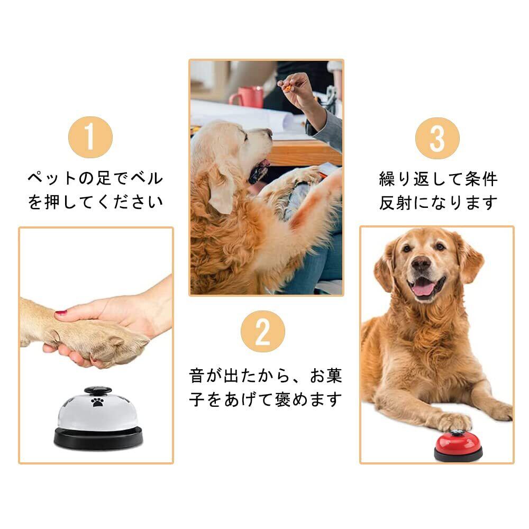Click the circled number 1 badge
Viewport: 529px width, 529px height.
(x=90, y=137)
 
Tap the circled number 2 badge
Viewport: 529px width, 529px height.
(x=263, y=331)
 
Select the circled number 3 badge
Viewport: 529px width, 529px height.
(x=437, y=138)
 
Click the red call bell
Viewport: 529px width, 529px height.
(x=458, y=445)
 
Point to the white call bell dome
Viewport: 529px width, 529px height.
(x=98, y=410)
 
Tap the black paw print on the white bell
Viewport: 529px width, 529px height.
(x=98, y=402)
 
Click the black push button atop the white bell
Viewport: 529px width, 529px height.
(x=98, y=391)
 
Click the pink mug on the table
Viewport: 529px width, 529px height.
(x=247, y=96)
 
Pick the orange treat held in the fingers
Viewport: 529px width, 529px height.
(x=287, y=89)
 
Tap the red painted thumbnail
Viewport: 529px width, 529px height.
(x=61, y=313)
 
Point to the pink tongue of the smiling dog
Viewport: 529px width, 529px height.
(x=423, y=289)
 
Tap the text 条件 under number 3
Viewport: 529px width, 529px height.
(x=481, y=179)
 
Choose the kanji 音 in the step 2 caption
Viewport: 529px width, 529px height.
(x=197, y=376)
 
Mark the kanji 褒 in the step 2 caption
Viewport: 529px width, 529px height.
(x=282, y=399)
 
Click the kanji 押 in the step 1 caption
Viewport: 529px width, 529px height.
(x=52, y=202)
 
